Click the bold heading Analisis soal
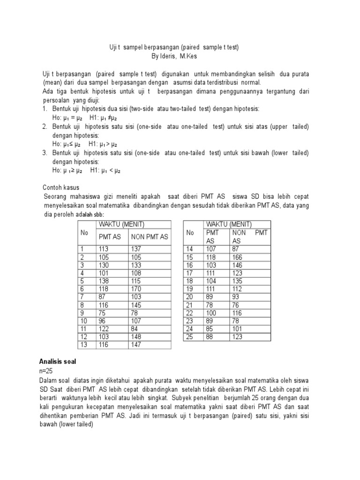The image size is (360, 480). [x=57, y=362]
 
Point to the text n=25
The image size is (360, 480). [x=47, y=371]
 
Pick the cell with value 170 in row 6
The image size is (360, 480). [x=136, y=288]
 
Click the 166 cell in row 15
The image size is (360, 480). [x=238, y=257]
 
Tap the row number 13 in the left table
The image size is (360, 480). [x=84, y=345]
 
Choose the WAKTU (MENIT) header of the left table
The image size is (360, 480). [x=121, y=224]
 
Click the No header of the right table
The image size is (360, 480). [x=190, y=233]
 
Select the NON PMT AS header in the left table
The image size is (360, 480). [x=149, y=237]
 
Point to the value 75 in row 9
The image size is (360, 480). [x=102, y=313]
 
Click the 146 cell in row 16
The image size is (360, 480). [x=238, y=265]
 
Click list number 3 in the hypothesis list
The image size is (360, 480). [x=45, y=153]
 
